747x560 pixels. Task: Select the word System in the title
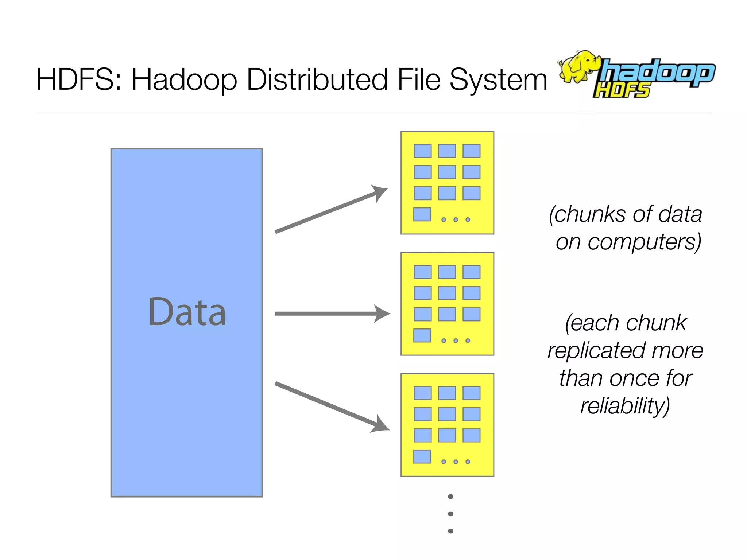498,80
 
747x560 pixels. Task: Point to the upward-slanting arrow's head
380,192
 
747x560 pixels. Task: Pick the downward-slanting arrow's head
381,425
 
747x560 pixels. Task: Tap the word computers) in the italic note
644,242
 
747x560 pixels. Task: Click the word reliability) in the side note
625,406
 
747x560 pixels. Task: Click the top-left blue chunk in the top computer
422,151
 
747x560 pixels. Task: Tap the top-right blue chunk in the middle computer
471,272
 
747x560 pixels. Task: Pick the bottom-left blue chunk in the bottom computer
422,456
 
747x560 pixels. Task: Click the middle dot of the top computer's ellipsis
456,219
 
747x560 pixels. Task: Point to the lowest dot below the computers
450,531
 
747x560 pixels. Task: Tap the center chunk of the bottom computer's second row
447,414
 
